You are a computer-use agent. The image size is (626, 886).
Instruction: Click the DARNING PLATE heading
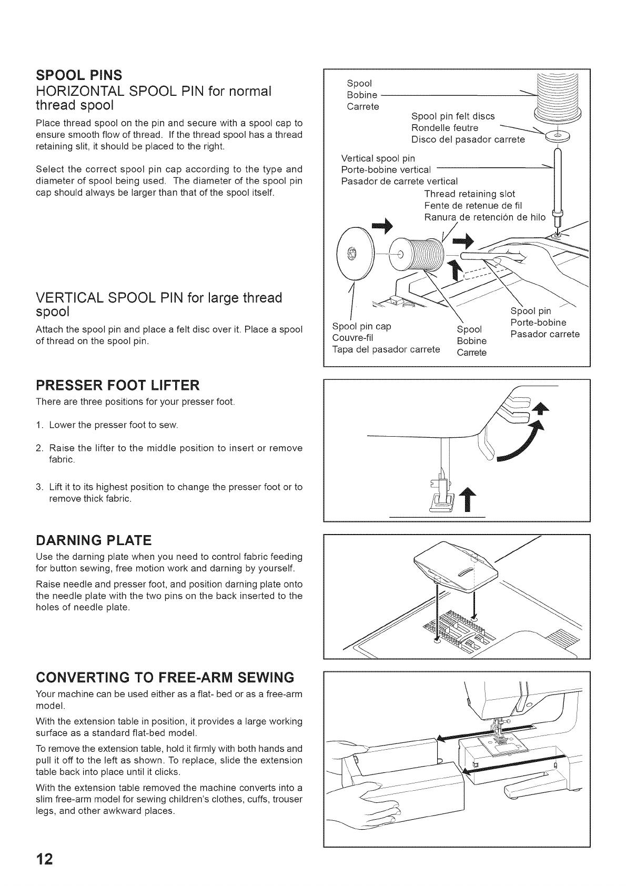(93, 540)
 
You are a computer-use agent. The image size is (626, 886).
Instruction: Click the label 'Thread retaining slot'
(469, 194)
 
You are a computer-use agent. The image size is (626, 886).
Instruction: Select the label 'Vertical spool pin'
(378, 158)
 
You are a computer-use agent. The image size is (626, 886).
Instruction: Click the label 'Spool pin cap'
(361, 326)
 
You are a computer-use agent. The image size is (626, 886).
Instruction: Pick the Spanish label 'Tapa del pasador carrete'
(386, 349)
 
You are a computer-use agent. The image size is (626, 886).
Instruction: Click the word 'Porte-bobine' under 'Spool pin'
(538, 323)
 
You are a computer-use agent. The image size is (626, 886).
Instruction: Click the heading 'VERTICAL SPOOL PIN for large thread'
(159, 298)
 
